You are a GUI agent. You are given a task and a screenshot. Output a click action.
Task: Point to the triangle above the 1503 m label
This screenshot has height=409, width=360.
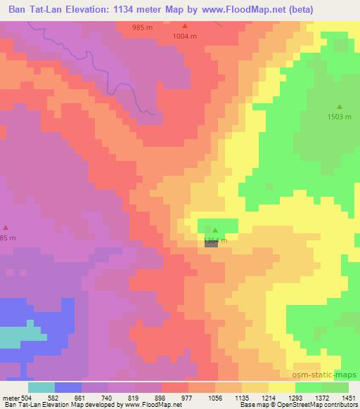(x=340, y=107)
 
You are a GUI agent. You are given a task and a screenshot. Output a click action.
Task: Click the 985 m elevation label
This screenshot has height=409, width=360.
(x=143, y=27)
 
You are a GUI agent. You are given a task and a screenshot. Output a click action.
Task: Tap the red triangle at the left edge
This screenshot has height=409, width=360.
(x=6, y=227)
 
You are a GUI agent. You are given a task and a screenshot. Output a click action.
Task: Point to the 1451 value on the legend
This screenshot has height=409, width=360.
(x=347, y=397)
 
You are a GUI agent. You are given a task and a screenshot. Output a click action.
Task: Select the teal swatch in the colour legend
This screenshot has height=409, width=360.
(x=41, y=387)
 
